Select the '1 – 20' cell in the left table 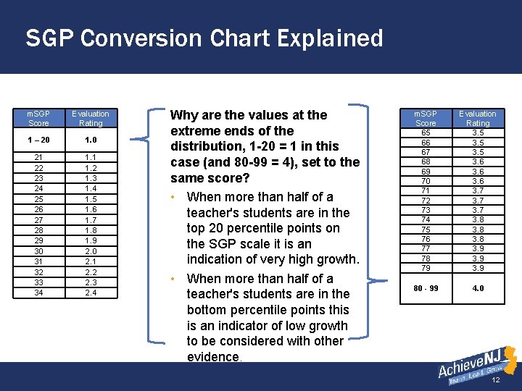tap(38, 140)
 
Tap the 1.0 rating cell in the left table tap(90, 140)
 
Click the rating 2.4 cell tap(90, 293)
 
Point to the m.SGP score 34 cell tap(38, 293)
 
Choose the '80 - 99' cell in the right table tap(426, 288)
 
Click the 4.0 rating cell tap(478, 288)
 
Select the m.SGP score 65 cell tap(426, 133)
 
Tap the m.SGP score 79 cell tap(426, 268)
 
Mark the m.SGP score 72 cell tap(426, 200)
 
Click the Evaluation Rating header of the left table tap(90, 119)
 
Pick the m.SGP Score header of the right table tap(426, 119)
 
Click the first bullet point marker tap(175, 198)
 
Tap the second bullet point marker tap(175, 279)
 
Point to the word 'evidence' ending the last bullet tap(213, 356)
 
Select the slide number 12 tap(496, 380)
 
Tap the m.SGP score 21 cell tap(38, 157)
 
